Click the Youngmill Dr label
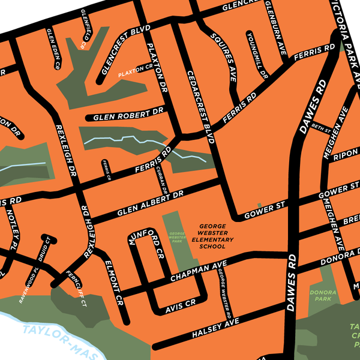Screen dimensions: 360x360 (x=256, y=55)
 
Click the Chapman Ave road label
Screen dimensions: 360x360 (x=197, y=272)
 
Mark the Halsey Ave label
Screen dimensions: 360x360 (x=215, y=328)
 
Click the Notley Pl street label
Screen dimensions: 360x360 (x=13, y=221)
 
